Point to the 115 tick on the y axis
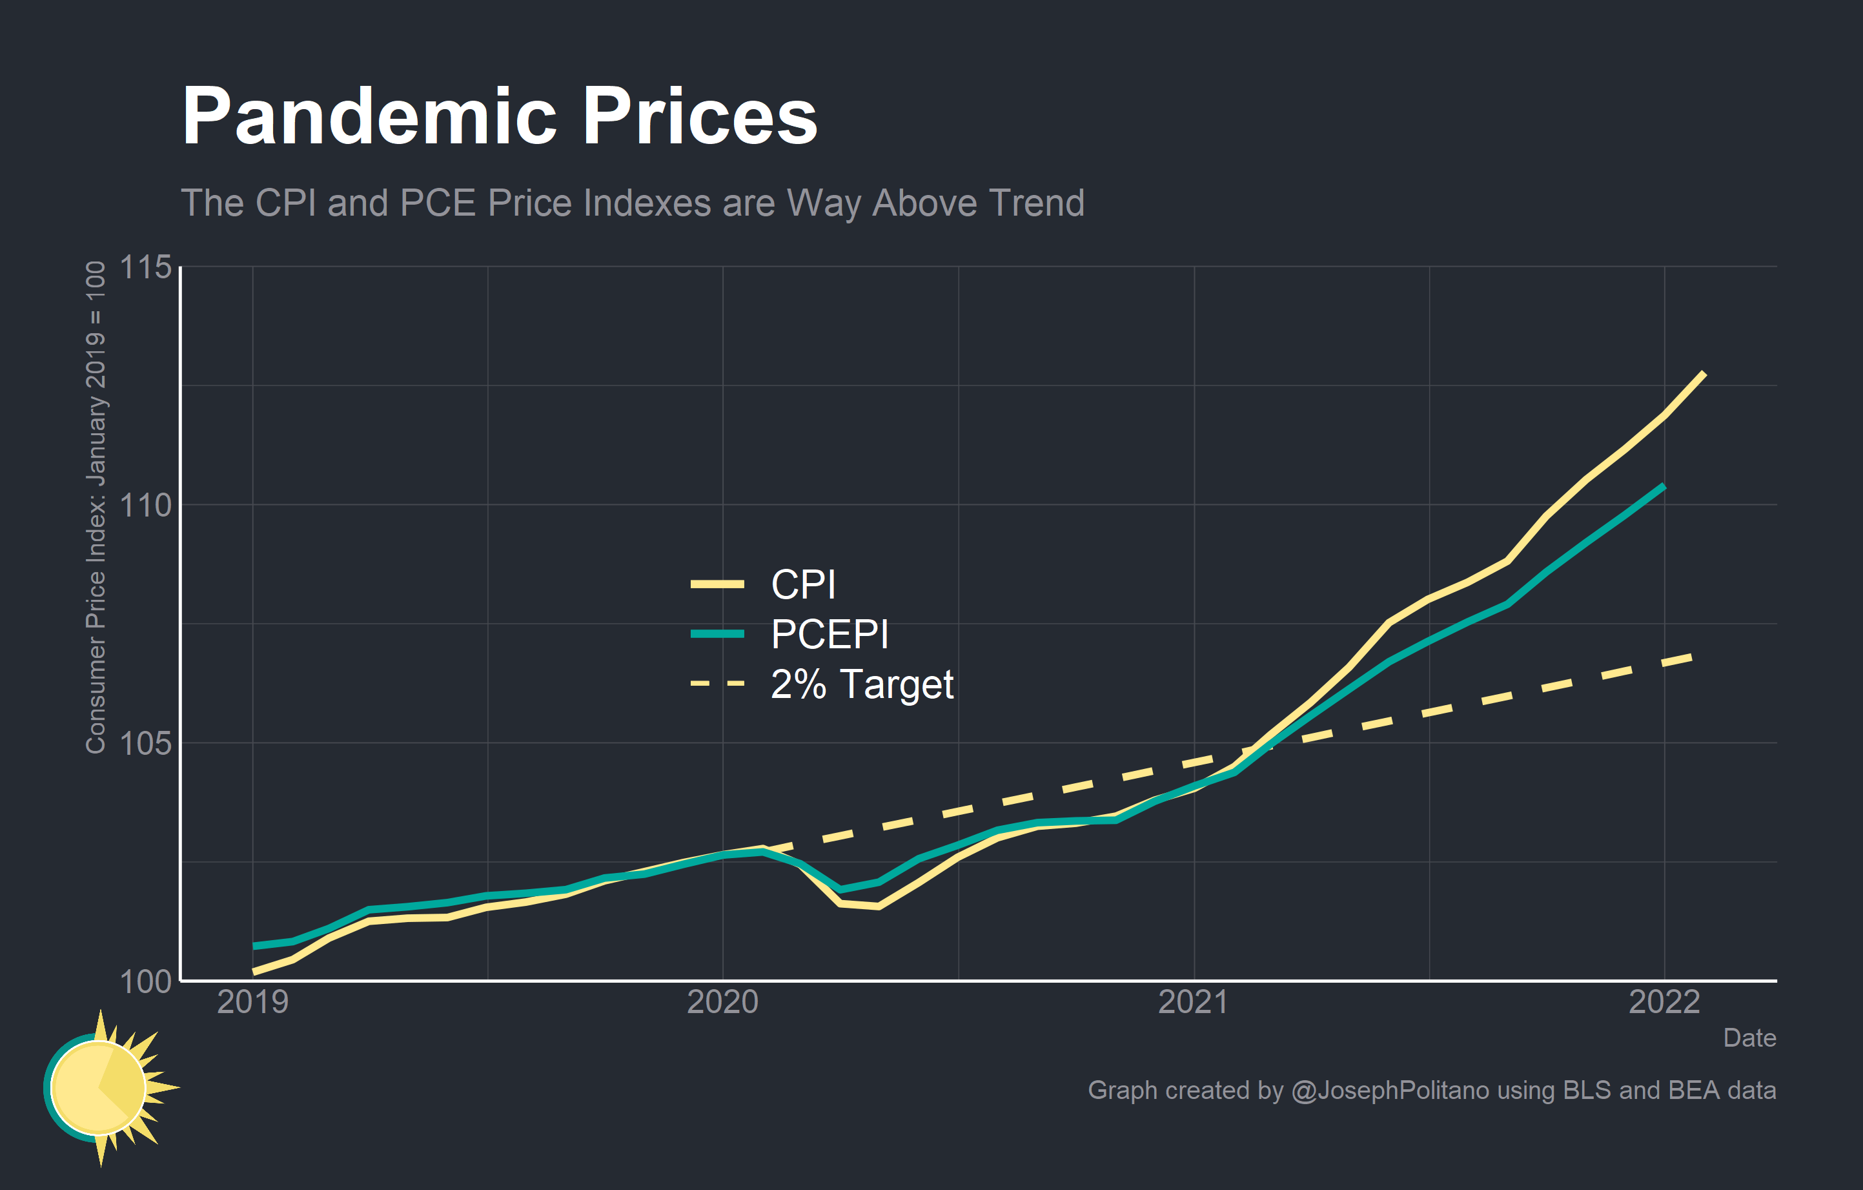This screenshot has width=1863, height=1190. click(x=145, y=268)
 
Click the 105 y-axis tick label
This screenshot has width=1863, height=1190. click(x=145, y=744)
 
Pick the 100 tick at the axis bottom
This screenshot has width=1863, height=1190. click(x=145, y=981)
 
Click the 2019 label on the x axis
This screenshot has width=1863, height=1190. click(x=252, y=1002)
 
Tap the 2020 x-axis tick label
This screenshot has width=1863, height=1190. click(x=722, y=1002)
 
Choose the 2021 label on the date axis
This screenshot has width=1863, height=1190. click(x=1193, y=1002)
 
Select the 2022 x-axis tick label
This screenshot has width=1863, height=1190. click(x=1664, y=1002)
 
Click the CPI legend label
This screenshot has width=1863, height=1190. click(x=803, y=584)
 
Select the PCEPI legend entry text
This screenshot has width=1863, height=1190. click(x=830, y=635)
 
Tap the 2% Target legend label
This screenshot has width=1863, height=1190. click(x=862, y=684)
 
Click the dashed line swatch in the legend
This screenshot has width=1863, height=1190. click(x=717, y=684)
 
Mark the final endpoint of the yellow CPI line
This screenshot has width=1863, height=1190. click(x=1704, y=374)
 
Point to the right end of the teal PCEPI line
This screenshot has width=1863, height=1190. click(x=1664, y=487)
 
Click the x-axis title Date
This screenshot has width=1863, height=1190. click(x=1749, y=1038)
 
